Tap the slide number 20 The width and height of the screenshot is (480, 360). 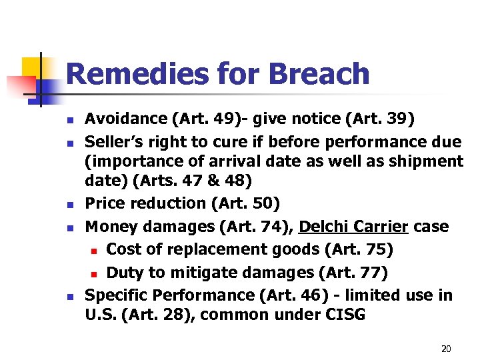446,349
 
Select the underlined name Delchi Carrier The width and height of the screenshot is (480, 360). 353,226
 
